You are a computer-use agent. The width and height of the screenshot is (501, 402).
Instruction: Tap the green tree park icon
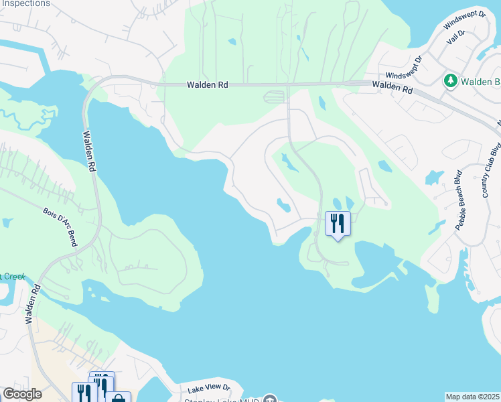[451, 81]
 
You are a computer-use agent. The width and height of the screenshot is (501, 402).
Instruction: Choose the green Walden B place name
[481, 82]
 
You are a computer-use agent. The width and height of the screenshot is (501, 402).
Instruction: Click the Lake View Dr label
[208, 388]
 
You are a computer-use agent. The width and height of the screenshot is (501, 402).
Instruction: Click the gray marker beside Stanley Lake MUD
[269, 399]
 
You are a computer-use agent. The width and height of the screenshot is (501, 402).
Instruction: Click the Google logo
[22, 394]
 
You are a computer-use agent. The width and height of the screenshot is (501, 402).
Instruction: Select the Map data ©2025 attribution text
[473, 397]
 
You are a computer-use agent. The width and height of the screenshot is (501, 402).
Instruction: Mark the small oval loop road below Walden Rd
[275, 97]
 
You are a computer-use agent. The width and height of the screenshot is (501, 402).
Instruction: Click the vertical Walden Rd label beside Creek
[31, 303]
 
